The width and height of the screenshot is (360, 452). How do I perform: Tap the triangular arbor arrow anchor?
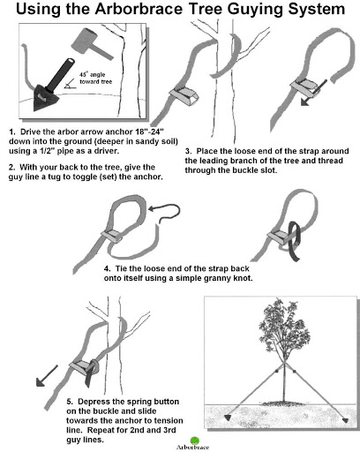(x=44, y=97)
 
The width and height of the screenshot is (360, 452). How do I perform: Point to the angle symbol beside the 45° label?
(x=70, y=86)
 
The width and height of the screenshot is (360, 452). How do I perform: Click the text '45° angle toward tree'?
(x=96, y=78)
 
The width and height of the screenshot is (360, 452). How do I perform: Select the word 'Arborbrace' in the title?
(x=139, y=9)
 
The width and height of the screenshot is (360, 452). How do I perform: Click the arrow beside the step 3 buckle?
(x=313, y=93)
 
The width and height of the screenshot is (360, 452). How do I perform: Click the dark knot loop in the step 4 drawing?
(x=295, y=241)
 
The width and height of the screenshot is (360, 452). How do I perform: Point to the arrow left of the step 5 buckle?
(x=47, y=375)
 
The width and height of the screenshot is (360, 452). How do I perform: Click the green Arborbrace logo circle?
(x=195, y=441)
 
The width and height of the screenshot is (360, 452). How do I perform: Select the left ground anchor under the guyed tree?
(x=228, y=418)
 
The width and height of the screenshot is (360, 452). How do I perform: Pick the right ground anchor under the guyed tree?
(x=346, y=420)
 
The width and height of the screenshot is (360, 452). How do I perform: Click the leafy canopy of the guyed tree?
(x=284, y=327)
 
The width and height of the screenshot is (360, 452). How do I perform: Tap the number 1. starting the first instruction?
(x=11, y=132)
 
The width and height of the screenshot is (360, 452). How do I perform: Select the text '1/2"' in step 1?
(x=47, y=151)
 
